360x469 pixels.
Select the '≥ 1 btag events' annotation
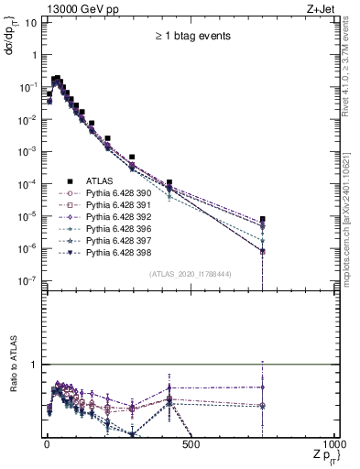coord(191,37)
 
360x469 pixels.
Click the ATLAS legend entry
coord(99,180)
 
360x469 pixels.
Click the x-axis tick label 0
coord(46,445)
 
